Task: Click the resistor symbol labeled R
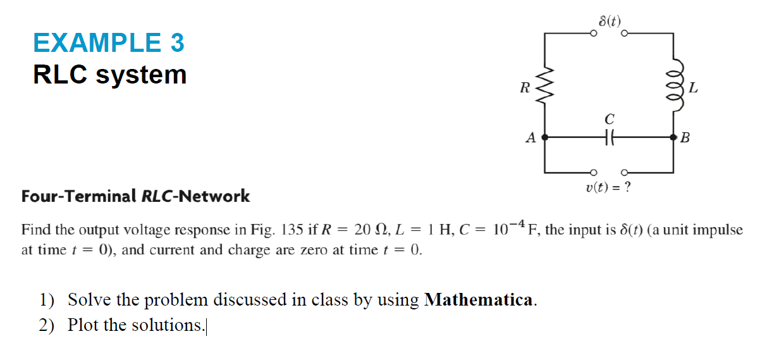pyautogui.click(x=546, y=88)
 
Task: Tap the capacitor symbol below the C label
pyautogui.click(x=609, y=137)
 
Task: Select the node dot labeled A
pyautogui.click(x=545, y=137)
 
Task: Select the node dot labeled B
pyautogui.click(x=673, y=137)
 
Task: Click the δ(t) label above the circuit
pyautogui.click(x=610, y=20)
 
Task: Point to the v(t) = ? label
pyautogui.click(x=609, y=188)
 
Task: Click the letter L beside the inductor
pyautogui.click(x=693, y=89)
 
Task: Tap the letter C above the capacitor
pyautogui.click(x=609, y=119)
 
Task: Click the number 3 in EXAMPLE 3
pyautogui.click(x=177, y=43)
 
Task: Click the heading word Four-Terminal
pyautogui.click(x=78, y=196)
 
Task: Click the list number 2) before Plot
pyautogui.click(x=47, y=325)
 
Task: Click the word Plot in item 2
pyautogui.click(x=82, y=325)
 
